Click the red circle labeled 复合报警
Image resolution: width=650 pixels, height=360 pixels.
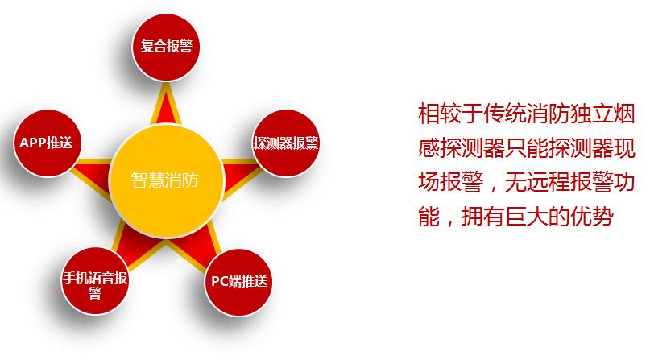tap(166, 48)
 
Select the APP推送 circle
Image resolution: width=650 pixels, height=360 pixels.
tap(47, 143)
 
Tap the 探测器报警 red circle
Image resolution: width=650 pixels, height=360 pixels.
tap(286, 143)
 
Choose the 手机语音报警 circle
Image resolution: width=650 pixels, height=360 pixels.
tap(95, 281)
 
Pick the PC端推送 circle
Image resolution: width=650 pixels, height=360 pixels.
tap(238, 283)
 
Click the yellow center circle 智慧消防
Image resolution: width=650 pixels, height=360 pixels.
tap(166, 180)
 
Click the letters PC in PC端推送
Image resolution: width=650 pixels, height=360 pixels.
tap(219, 282)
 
